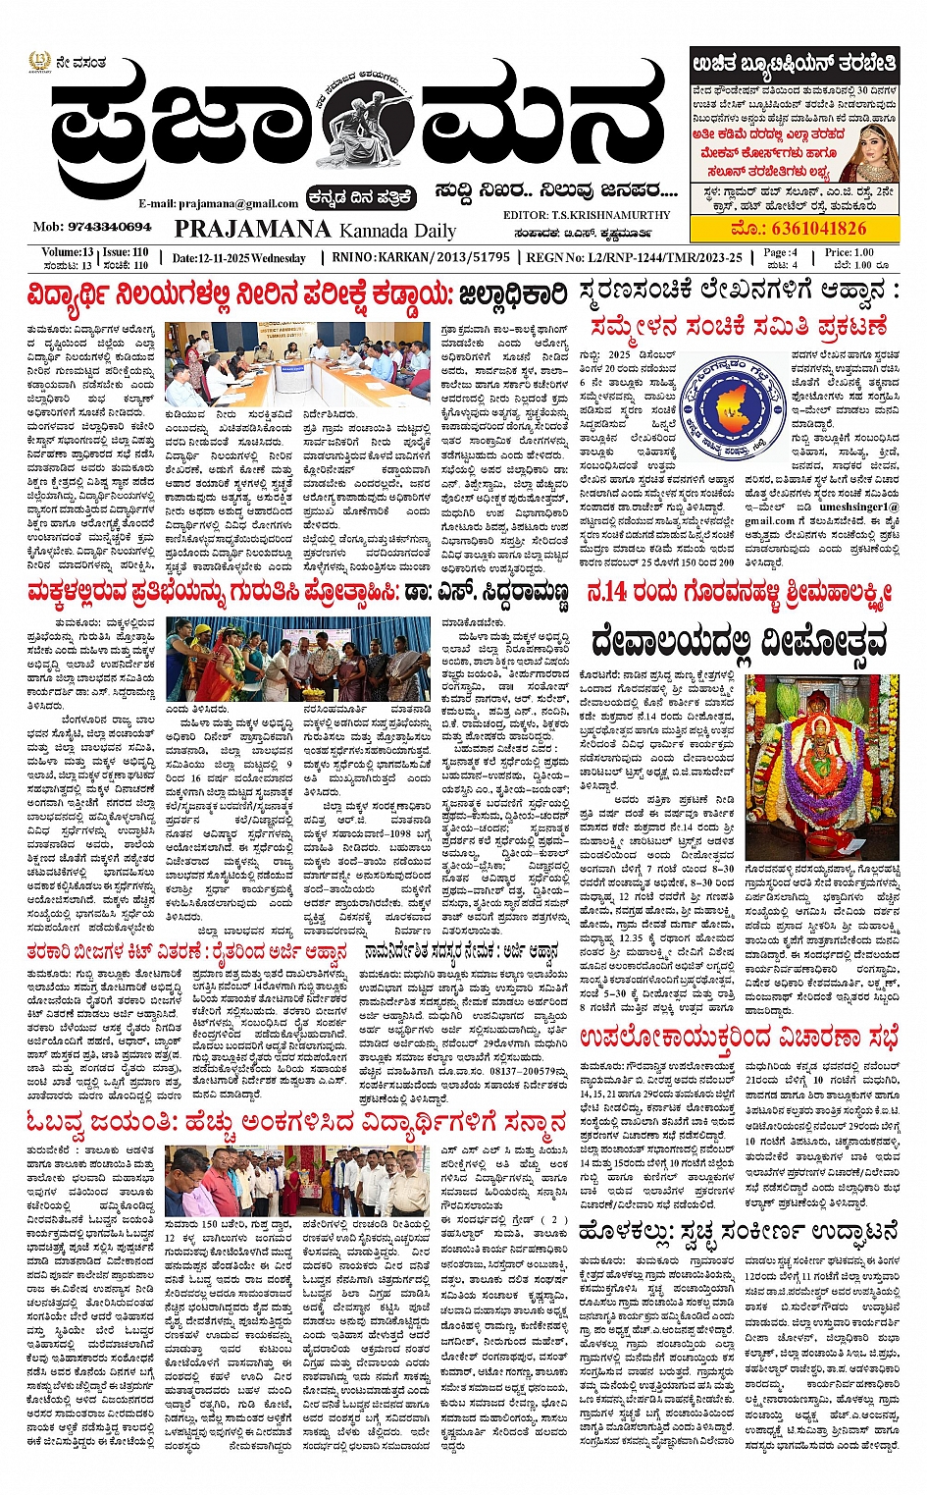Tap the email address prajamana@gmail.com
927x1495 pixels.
point(218,203)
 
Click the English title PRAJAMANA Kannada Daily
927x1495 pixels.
point(315,230)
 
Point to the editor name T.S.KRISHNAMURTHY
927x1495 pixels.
point(586,215)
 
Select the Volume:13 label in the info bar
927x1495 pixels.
point(67,252)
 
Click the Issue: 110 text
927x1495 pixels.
point(126,252)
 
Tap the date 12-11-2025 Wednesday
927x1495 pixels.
point(238,258)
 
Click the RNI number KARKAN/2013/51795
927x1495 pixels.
point(421,257)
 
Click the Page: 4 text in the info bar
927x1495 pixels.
point(782,252)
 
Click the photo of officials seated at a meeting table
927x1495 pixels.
point(297,364)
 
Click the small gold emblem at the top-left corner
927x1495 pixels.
point(38,63)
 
